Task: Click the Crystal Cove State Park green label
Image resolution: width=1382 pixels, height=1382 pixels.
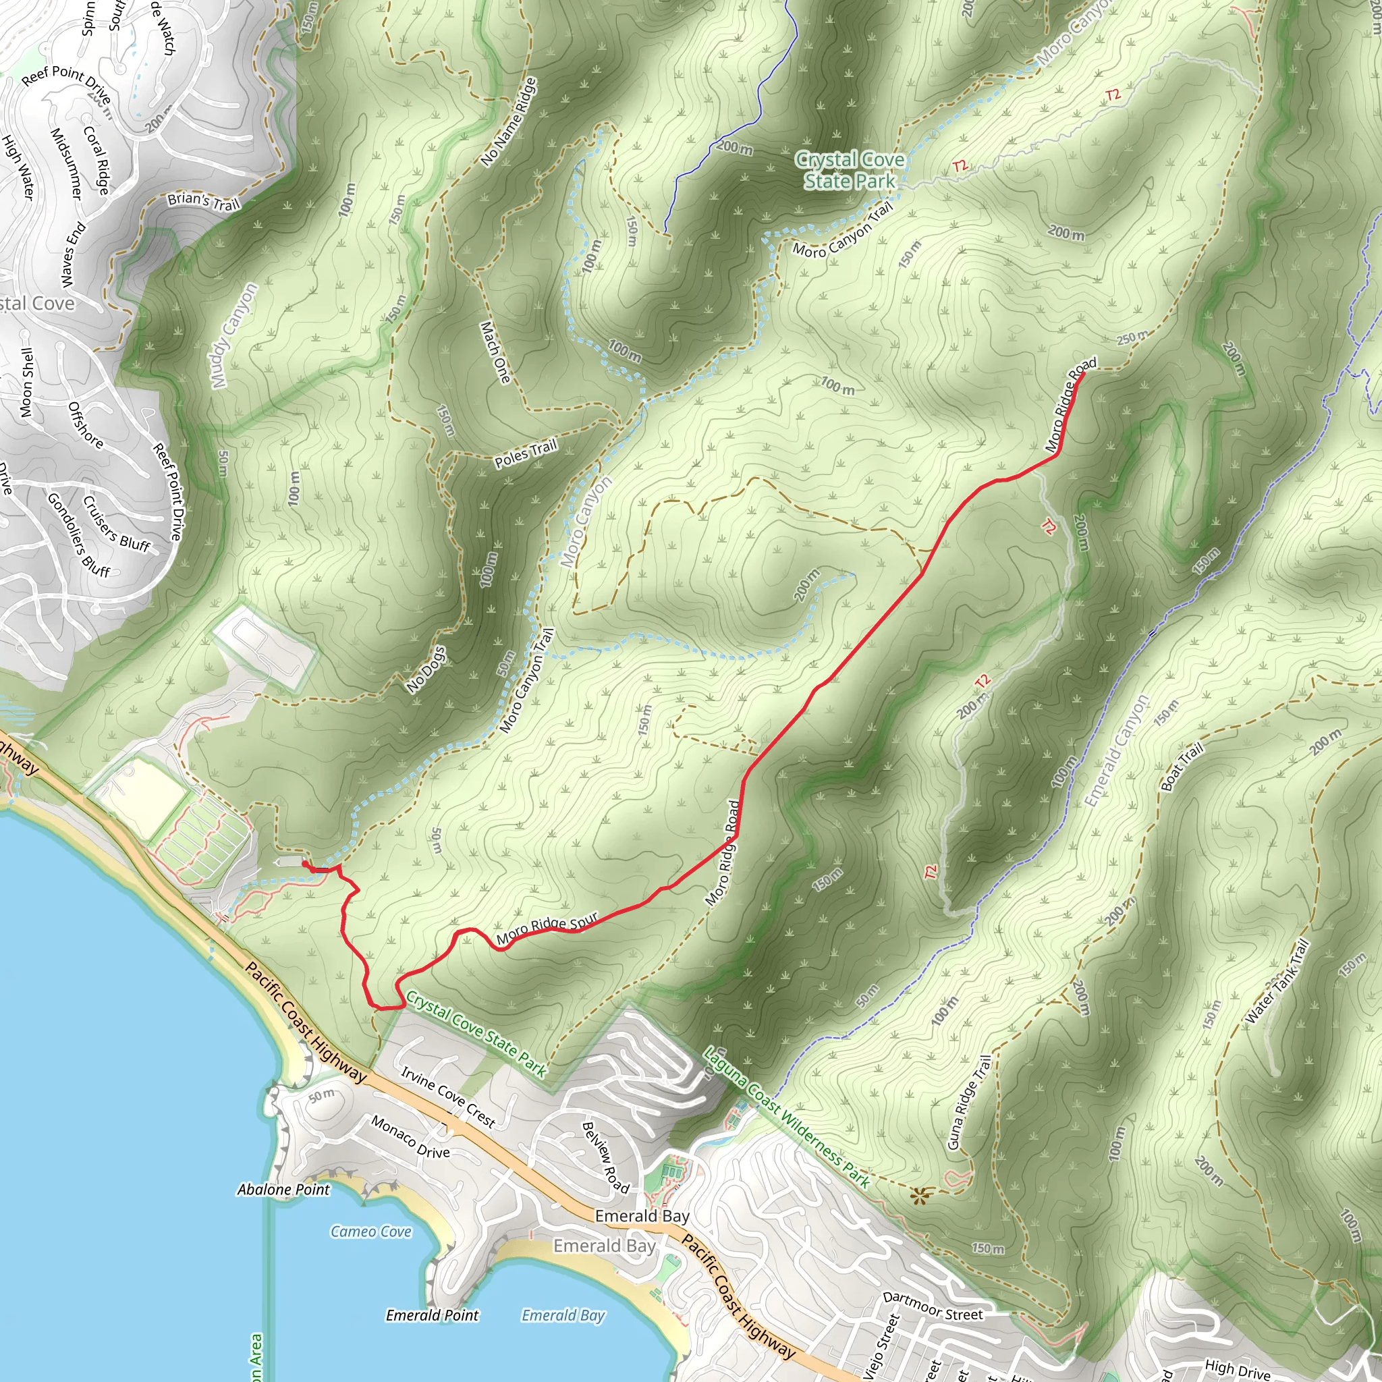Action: [x=850, y=170]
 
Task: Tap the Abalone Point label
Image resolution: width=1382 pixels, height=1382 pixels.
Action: [x=283, y=1189]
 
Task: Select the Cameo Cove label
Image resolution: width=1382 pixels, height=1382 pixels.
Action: [x=370, y=1231]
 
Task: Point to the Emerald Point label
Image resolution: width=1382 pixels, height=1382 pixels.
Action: [x=432, y=1315]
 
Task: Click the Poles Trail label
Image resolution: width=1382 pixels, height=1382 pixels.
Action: [x=526, y=454]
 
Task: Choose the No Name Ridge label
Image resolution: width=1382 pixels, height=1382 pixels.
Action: [x=509, y=122]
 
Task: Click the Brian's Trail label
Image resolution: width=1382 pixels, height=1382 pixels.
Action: [x=204, y=202]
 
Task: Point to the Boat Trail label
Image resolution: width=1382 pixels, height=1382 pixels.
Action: [x=1182, y=767]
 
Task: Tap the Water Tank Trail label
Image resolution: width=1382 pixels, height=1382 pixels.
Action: [x=1277, y=981]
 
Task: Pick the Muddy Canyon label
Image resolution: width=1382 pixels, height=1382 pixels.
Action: [x=236, y=335]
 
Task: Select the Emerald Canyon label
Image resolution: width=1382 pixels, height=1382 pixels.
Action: [x=1116, y=751]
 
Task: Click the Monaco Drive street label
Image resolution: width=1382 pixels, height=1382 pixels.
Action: [x=410, y=1136]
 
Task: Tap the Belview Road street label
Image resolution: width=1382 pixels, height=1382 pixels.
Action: [x=605, y=1157]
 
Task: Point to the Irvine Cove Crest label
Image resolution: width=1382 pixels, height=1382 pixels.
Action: [x=448, y=1097]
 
